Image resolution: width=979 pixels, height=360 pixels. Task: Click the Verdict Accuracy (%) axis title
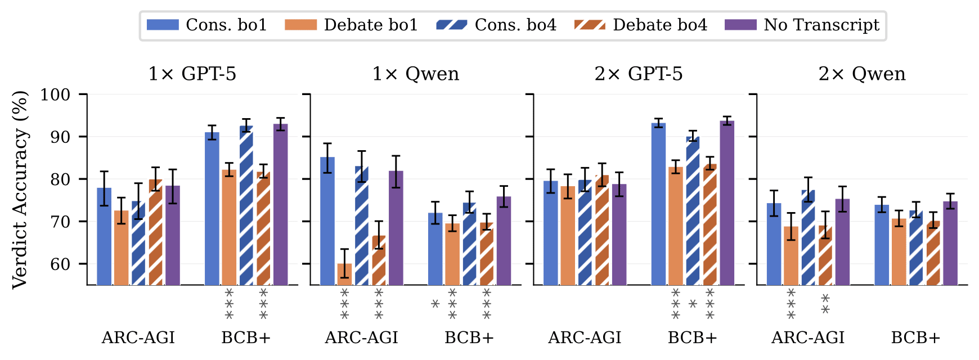(20, 190)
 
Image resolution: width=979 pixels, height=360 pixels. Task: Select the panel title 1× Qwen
(415, 74)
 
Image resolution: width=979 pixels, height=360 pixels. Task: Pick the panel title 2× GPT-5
(639, 74)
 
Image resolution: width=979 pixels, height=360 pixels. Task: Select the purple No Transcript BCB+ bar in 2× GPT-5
(726, 202)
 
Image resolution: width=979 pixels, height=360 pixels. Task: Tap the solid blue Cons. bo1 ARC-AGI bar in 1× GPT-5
(104, 236)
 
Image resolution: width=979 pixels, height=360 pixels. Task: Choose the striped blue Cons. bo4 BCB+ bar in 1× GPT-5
(246, 205)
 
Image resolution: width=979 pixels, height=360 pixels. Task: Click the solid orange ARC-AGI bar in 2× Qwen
(791, 256)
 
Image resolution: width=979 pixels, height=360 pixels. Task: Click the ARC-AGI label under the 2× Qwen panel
(807, 337)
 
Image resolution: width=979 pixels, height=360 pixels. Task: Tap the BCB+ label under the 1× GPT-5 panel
(246, 337)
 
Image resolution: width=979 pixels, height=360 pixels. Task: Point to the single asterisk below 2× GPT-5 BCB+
(693, 304)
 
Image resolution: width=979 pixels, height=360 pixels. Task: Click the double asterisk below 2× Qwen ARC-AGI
(825, 304)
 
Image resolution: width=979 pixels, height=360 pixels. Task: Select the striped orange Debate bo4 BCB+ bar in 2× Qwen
(933, 253)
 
